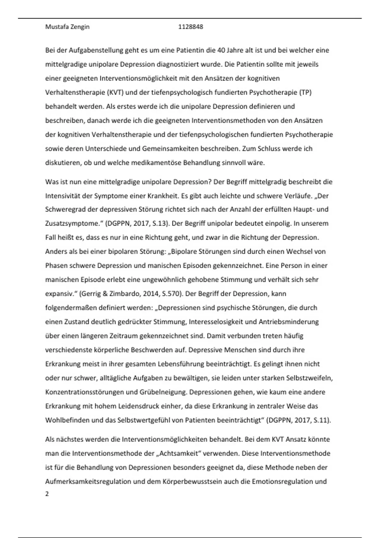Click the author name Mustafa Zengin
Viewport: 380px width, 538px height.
67,27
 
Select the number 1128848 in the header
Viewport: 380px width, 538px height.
191,27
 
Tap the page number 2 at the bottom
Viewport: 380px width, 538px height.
47,494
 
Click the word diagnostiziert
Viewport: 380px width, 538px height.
178,64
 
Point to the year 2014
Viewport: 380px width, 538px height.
148,294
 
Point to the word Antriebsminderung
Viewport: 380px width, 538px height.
288,322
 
